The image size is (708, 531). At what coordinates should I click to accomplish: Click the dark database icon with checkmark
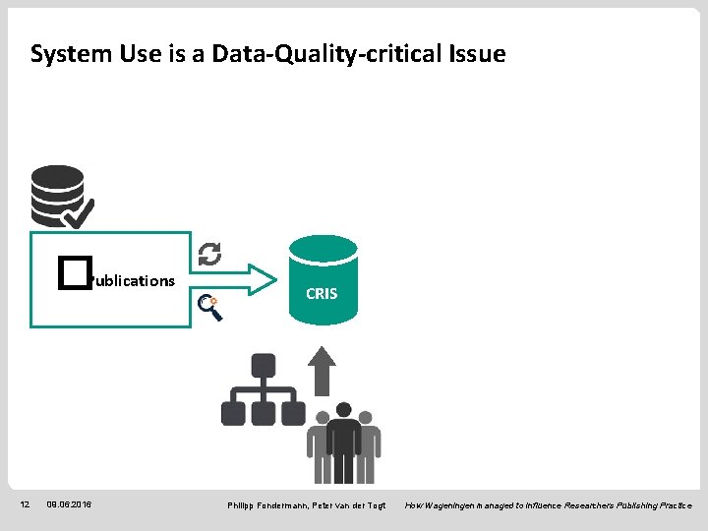pyautogui.click(x=58, y=196)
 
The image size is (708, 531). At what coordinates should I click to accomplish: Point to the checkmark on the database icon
pyautogui.click(x=79, y=210)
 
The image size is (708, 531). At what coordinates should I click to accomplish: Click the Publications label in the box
pyautogui.click(x=131, y=281)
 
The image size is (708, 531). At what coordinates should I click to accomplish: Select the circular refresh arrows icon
pyautogui.click(x=209, y=254)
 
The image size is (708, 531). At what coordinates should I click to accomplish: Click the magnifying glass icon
pyautogui.click(x=209, y=308)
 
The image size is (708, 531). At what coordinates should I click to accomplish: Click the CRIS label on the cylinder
pyautogui.click(x=322, y=293)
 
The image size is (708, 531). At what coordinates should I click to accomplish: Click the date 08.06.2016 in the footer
pyautogui.click(x=69, y=504)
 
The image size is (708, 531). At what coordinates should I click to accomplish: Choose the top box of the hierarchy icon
pyautogui.click(x=263, y=366)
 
